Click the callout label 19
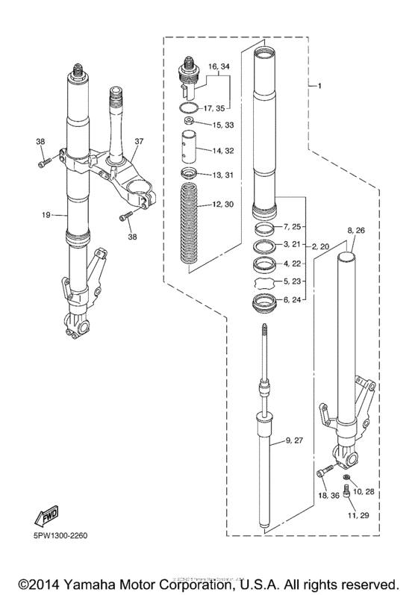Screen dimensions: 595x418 [46, 215]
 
